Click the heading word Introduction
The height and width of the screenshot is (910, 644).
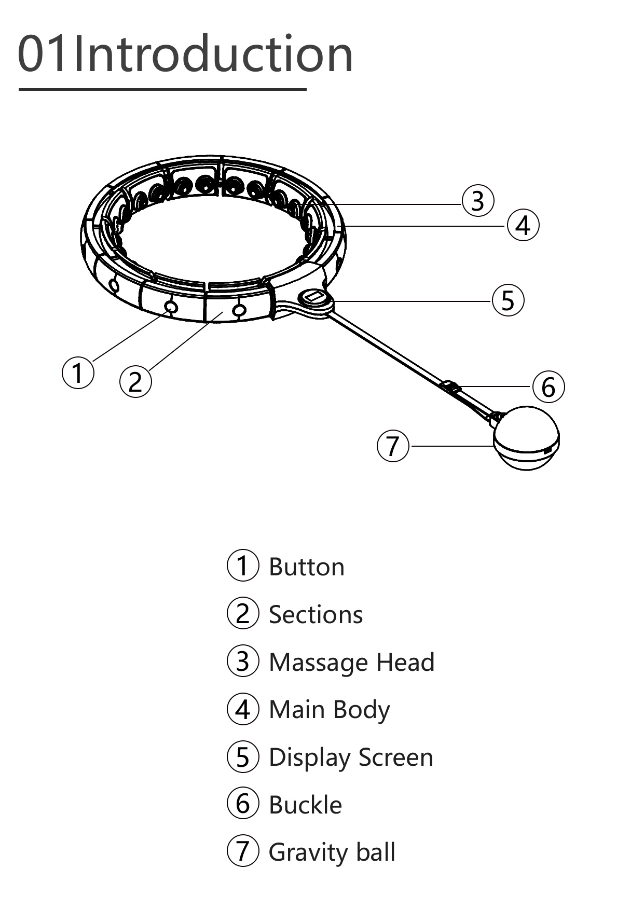pos(213,54)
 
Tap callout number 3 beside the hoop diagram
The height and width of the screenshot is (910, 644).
pos(477,201)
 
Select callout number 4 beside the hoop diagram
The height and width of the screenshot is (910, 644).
pos(523,226)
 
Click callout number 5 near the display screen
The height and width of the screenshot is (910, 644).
pos(508,300)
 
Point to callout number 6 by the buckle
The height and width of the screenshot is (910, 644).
pos(549,387)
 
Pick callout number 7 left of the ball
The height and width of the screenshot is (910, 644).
pos(393,446)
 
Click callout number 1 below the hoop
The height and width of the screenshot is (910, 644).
pos(78,373)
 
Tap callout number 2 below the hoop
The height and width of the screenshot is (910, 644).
pos(135,382)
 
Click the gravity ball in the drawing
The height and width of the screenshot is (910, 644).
pos(526,438)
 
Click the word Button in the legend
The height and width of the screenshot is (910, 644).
pos(307,567)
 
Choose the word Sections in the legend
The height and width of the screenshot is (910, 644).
pos(316,615)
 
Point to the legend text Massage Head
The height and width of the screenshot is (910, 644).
pos(351,663)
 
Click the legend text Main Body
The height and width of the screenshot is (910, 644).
pos(329,710)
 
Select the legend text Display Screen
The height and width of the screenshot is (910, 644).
pos(351,757)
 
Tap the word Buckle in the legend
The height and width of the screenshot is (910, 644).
pos(305,805)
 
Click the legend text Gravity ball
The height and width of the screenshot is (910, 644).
pos(332,852)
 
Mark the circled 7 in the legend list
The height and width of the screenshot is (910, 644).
pos(243,851)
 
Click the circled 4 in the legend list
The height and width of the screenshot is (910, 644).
pos(243,709)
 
